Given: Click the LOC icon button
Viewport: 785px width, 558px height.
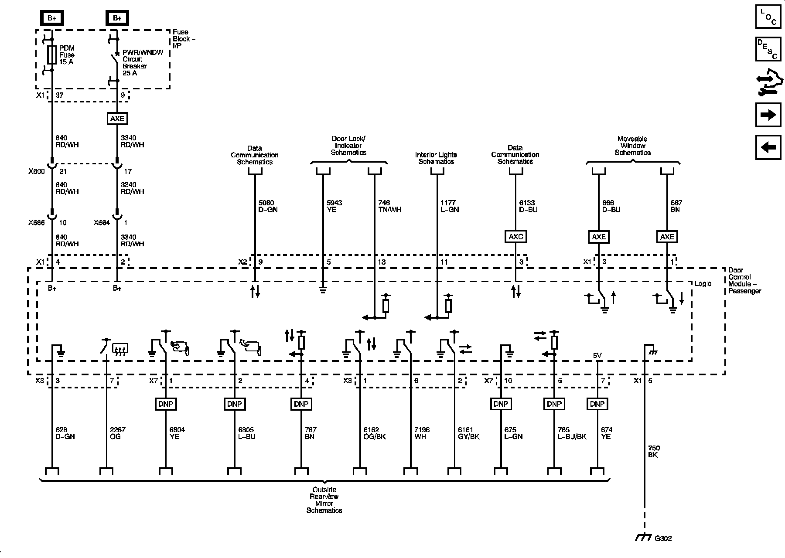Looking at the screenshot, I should coord(768,16).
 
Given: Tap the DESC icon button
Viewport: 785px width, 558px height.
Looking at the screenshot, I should coord(768,49).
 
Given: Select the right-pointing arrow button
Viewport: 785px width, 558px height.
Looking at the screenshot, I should coord(768,115).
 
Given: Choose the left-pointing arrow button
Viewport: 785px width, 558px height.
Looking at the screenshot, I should coord(768,147).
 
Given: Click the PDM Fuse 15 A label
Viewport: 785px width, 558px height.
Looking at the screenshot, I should coord(67,55).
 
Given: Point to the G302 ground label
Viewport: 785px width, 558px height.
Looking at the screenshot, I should coord(663,538).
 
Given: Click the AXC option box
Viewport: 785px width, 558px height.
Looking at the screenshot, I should coord(516,237).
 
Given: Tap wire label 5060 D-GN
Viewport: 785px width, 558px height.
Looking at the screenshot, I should coord(268,206).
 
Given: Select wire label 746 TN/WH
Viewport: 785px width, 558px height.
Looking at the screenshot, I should coord(389,206).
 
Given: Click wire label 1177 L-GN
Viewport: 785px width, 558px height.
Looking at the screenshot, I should coord(450,206).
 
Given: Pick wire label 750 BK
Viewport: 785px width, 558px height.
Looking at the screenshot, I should coord(654,451).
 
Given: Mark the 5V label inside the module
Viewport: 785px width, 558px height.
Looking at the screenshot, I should coord(597,356).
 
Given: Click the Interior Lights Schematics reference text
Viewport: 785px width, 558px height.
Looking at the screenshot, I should coord(436,158).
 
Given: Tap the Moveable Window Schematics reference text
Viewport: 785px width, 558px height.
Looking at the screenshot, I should coord(632,146).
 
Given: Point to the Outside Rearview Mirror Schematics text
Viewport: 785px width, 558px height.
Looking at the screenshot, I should coord(324,500).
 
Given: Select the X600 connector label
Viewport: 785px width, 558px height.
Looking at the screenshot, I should coord(37,171).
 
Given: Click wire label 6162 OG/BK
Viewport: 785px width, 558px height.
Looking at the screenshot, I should coord(375,433).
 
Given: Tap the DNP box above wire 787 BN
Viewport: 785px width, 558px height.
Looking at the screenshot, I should coord(301,404).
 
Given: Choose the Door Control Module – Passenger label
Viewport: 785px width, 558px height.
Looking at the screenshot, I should coord(744,280).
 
